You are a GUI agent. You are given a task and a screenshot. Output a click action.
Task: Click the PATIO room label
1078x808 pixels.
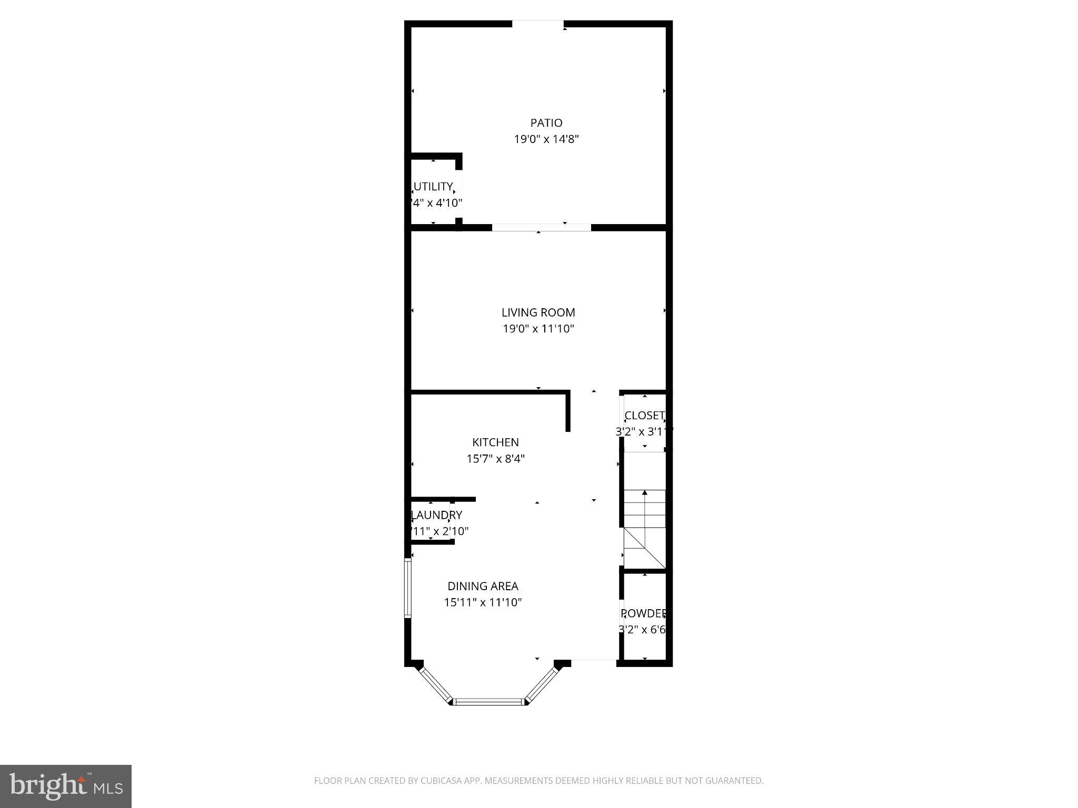pyautogui.click(x=546, y=123)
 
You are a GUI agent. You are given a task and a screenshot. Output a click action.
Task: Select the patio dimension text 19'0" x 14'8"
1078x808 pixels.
pyautogui.click(x=546, y=139)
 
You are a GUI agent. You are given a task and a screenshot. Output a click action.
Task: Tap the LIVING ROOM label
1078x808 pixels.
pyautogui.click(x=538, y=312)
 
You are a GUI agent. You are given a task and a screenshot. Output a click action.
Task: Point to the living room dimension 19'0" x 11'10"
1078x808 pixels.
pyautogui.click(x=538, y=329)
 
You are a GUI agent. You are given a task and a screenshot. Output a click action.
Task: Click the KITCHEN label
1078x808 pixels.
pyautogui.click(x=495, y=442)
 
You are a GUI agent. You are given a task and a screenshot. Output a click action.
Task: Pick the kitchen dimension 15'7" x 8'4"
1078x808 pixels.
pyautogui.click(x=495, y=459)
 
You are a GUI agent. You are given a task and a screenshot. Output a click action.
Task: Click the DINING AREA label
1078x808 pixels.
pyautogui.click(x=483, y=586)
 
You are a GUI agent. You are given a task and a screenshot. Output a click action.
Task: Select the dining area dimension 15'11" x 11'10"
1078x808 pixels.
pyautogui.click(x=483, y=602)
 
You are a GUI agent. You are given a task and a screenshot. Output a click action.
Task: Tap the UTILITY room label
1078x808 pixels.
pyautogui.click(x=433, y=187)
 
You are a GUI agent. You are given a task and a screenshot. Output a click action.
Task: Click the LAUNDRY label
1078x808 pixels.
pyautogui.click(x=436, y=515)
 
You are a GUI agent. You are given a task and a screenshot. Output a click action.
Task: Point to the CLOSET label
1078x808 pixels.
pyautogui.click(x=644, y=416)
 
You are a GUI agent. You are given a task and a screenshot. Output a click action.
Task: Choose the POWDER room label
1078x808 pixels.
pyautogui.click(x=643, y=613)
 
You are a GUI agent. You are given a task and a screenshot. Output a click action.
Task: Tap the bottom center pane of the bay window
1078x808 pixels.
pyautogui.click(x=490, y=701)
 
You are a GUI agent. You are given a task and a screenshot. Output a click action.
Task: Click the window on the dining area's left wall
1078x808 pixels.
pyautogui.click(x=407, y=588)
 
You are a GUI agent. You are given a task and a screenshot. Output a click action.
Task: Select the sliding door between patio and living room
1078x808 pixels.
pyautogui.click(x=541, y=228)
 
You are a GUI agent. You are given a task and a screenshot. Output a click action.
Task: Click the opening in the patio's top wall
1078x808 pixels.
pyautogui.click(x=537, y=24)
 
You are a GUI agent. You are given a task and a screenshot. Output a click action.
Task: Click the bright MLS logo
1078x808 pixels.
pyautogui.click(x=66, y=786)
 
